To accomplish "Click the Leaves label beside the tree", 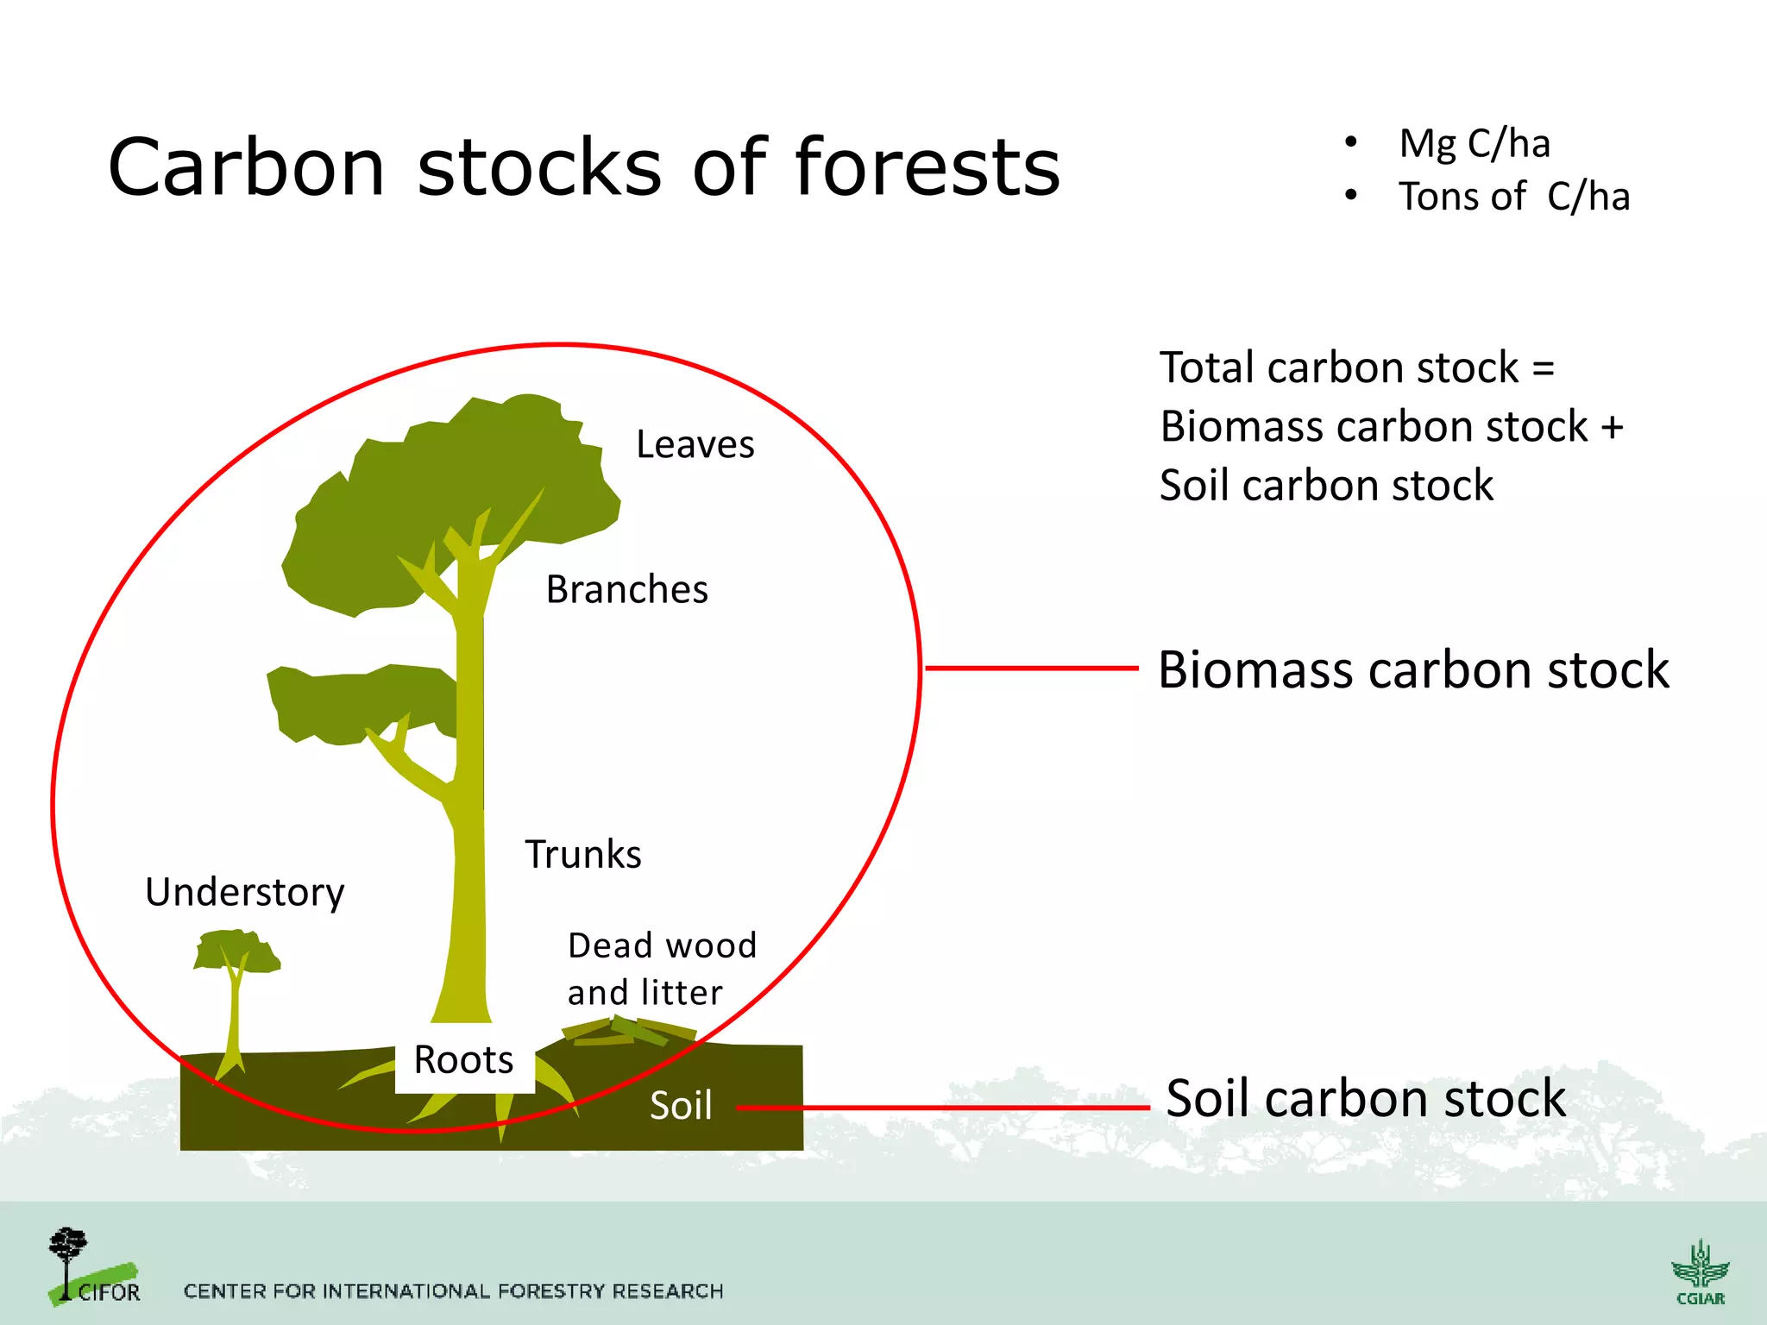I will pyautogui.click(x=695, y=445).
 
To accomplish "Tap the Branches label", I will pyautogui.click(x=626, y=590).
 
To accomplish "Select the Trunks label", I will pyautogui.click(x=583, y=855).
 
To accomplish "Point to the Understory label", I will pyautogui.click(x=244, y=892).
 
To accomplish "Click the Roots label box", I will pyautogui.click(x=464, y=1060).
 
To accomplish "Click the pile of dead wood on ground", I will pyautogui.click(x=628, y=1031).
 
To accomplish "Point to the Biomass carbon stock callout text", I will pyautogui.click(x=1413, y=670).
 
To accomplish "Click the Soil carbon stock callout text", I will pyautogui.click(x=1365, y=1099).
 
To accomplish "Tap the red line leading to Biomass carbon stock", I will pyautogui.click(x=1031, y=668).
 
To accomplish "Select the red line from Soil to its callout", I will pyautogui.click(x=940, y=1108).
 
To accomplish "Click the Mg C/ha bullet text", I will pyautogui.click(x=1474, y=143).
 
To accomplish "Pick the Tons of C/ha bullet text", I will pyautogui.click(x=1513, y=197).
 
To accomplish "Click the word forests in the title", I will pyautogui.click(x=927, y=167).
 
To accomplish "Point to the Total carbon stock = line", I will pyautogui.click(x=1356, y=368).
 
